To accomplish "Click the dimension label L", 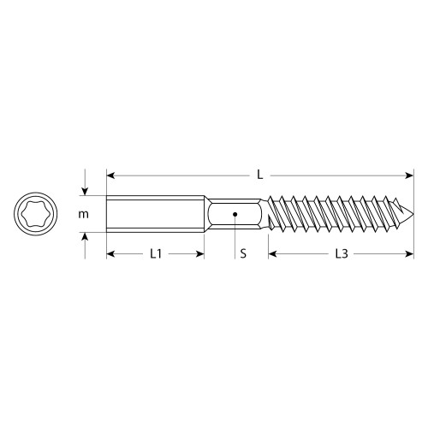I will (259, 175).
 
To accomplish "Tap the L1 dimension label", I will (155, 254).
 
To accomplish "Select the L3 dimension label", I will (342, 254).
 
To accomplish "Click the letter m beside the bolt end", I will (83, 214).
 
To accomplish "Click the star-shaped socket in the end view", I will (36, 214).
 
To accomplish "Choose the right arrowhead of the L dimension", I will (413, 175).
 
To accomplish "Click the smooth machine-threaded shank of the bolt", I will (155, 214).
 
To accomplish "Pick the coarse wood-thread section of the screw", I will (334, 214).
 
